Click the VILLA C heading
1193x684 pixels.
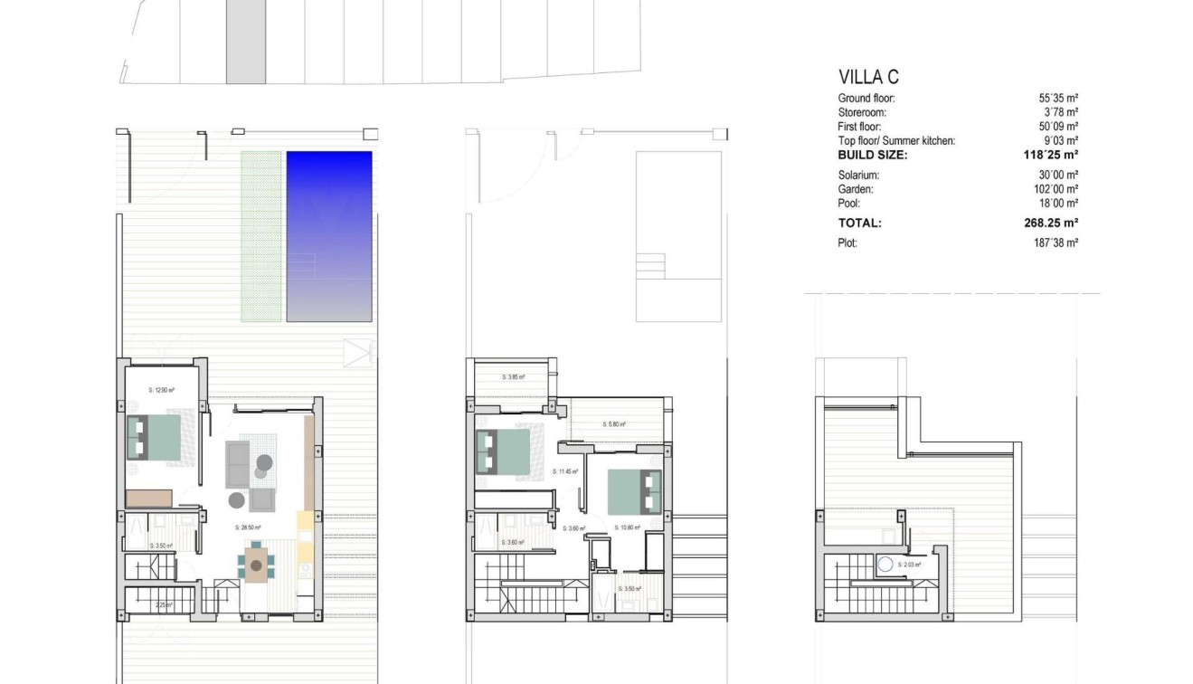(868, 78)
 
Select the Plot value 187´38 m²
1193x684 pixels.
(1058, 242)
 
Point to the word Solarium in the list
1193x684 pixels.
(858, 176)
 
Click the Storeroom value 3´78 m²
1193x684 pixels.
(1058, 112)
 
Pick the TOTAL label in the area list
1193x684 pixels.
(859, 223)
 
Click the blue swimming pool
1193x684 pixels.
(329, 235)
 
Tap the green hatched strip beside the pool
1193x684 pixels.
(260, 235)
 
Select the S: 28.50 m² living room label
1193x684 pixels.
(248, 527)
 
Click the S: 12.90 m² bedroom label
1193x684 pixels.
(161, 390)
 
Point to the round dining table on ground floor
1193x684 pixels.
(257, 566)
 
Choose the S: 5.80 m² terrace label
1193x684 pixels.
(613, 424)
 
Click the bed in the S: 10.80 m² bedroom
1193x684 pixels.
(633, 494)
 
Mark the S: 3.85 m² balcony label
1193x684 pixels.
(513, 377)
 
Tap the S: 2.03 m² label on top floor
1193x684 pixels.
(909, 565)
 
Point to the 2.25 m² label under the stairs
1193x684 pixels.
(165, 605)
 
